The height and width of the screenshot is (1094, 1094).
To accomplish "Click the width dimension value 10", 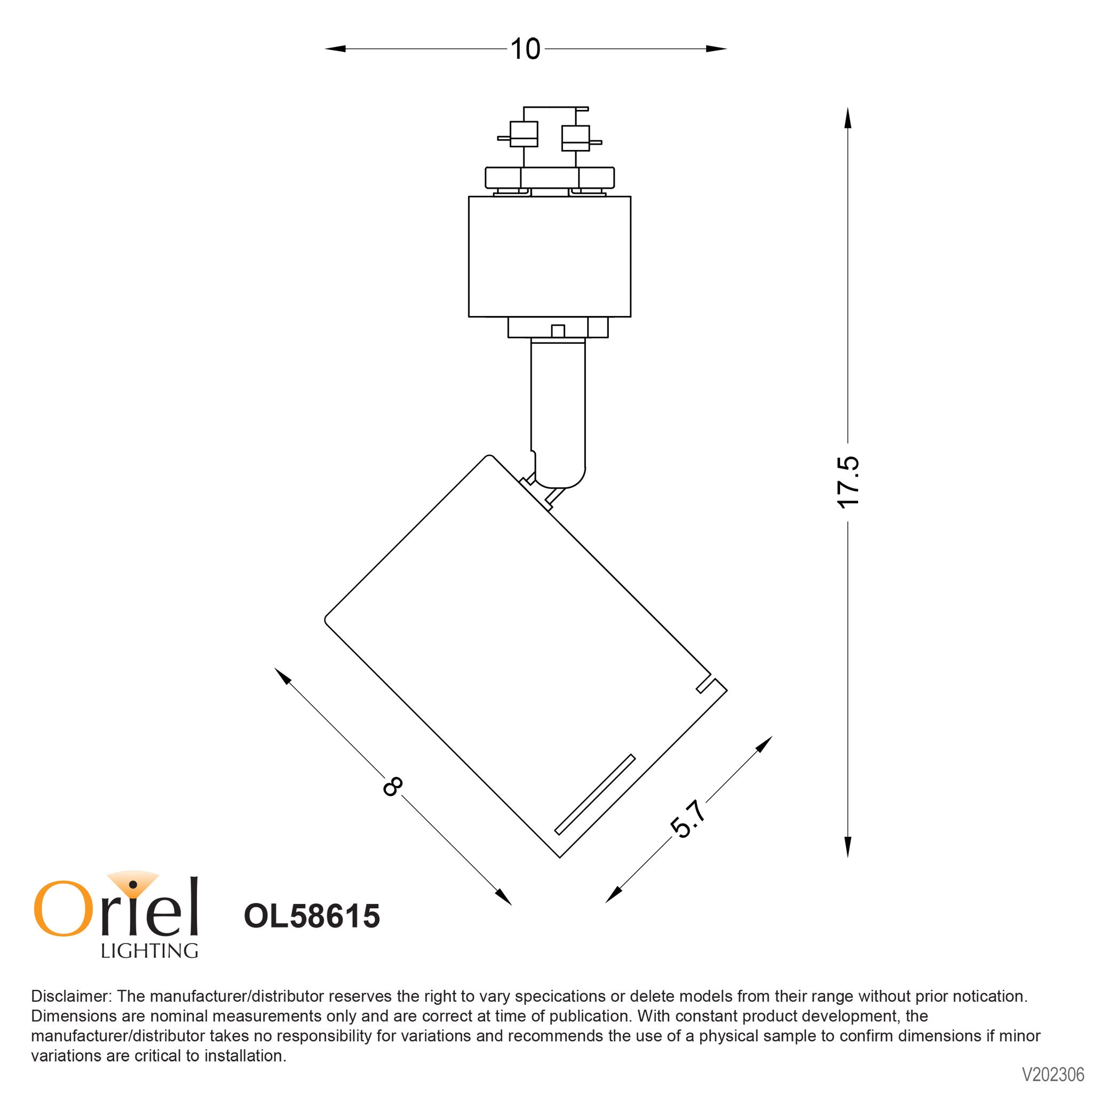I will pyautogui.click(x=525, y=49).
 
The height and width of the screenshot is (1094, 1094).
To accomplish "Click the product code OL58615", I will pyautogui.click(x=312, y=916).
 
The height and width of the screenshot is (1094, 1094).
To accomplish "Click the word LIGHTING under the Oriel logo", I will pyautogui.click(x=149, y=951).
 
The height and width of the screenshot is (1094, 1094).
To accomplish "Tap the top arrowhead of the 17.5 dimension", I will pyautogui.click(x=847, y=118).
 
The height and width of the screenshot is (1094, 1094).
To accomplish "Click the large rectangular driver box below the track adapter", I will pyautogui.click(x=549, y=257).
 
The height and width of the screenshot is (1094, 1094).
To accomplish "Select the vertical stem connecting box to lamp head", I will pyautogui.click(x=558, y=408).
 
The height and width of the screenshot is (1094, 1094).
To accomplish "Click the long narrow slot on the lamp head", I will pyautogui.click(x=594, y=795).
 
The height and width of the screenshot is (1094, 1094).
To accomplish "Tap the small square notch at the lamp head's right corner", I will pyautogui.click(x=704, y=685).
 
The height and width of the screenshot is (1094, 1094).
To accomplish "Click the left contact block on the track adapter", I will pyautogui.click(x=524, y=134).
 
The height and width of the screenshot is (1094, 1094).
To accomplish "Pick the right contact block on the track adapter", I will pyautogui.click(x=575, y=138).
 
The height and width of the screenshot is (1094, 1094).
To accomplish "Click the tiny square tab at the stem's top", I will pyautogui.click(x=558, y=331).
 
